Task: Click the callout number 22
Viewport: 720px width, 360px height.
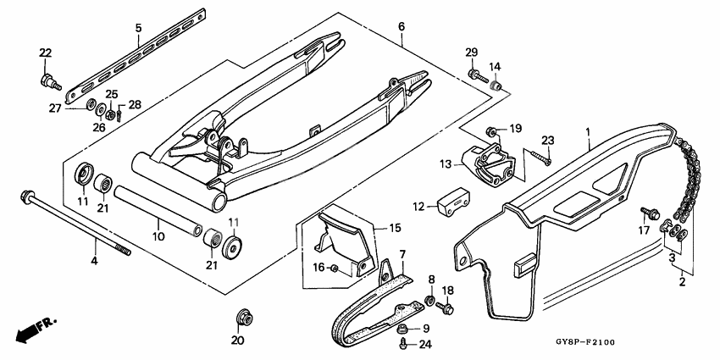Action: pyautogui.click(x=45, y=54)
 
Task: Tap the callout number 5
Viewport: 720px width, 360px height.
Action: pyautogui.click(x=138, y=28)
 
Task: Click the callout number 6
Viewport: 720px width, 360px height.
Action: pyautogui.click(x=402, y=27)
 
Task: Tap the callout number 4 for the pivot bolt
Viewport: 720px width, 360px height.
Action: pyautogui.click(x=94, y=263)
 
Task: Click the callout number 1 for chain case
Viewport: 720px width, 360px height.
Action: pyautogui.click(x=587, y=131)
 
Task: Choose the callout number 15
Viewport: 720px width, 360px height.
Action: pyautogui.click(x=394, y=229)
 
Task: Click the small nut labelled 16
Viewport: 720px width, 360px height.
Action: pyautogui.click(x=335, y=269)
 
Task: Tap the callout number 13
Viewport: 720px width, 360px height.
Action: pyautogui.click(x=446, y=164)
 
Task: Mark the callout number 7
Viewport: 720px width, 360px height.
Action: pyautogui.click(x=402, y=254)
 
